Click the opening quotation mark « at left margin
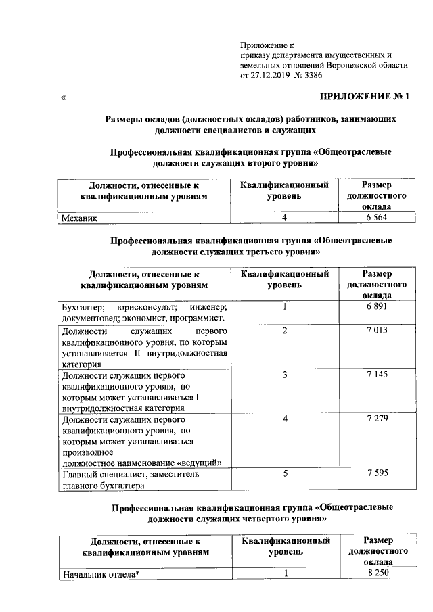63,99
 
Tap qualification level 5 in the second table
286,474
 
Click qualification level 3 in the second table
286,375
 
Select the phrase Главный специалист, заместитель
122,475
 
